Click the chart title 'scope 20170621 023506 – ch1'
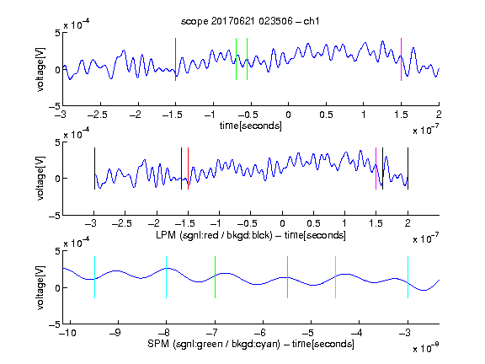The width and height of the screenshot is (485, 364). coord(250,21)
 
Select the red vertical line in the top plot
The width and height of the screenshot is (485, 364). coord(175,60)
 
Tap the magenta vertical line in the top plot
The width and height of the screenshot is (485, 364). coord(401,60)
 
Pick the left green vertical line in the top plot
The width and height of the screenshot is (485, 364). coord(236,59)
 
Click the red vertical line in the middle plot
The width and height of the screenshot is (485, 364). coord(188,169)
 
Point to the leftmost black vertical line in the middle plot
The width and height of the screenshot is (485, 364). coord(94,169)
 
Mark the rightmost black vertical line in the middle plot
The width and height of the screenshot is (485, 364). coord(408,169)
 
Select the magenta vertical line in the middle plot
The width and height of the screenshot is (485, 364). coord(376,169)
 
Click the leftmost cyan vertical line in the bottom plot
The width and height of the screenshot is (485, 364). coord(94,277)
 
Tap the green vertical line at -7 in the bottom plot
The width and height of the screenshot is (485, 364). coord(215,277)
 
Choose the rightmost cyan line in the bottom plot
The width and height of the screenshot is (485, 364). coord(408,277)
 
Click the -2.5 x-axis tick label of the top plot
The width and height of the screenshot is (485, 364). coord(98,115)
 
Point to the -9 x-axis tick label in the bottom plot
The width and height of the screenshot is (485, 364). coord(115,333)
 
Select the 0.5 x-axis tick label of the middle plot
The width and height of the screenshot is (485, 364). coord(313,223)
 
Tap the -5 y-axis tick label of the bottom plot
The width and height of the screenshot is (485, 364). coord(55,324)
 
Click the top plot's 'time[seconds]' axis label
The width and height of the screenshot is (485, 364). coord(251,126)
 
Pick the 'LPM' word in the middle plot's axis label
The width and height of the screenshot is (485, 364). coord(166,235)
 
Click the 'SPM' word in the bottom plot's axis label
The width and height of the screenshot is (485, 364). coord(158,344)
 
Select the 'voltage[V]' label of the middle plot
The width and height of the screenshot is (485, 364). coord(40,179)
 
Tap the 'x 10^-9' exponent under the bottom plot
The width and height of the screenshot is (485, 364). coord(425,348)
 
